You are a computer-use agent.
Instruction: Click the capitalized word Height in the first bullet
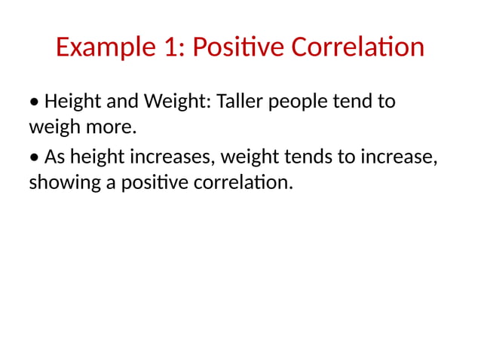pyautogui.click(x=72, y=101)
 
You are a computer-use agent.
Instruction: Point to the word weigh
pyautogui.click(x=54, y=127)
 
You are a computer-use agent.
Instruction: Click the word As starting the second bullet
pyautogui.click(x=55, y=157)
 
